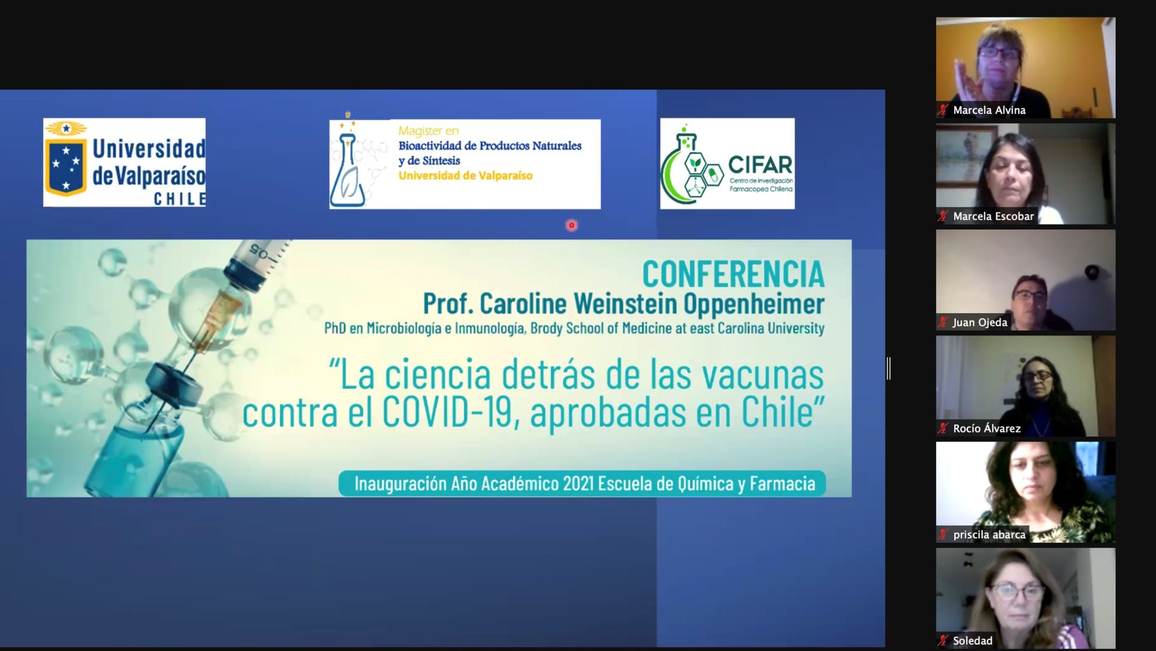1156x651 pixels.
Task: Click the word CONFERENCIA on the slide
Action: pos(733,275)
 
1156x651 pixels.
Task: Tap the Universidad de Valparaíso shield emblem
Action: pos(66,159)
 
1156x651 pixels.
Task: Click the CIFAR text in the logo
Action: pos(760,165)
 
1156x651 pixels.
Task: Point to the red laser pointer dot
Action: pos(571,225)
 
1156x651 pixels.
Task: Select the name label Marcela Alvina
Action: pos(989,110)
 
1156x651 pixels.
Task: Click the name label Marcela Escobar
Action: pos(993,216)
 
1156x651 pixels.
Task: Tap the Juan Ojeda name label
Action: pos(980,322)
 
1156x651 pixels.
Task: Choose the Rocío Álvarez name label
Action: pos(987,428)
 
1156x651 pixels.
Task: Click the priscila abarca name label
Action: pos(989,534)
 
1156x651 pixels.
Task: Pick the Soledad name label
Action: pos(973,641)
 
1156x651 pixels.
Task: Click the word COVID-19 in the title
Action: pos(448,413)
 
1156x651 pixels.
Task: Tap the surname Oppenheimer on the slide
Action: pos(754,304)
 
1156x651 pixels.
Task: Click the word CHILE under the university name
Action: pos(179,199)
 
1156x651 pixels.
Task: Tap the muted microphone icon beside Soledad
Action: pos(943,641)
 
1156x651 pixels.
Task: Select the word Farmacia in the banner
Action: pos(782,484)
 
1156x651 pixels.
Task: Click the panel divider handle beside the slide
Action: pos(889,369)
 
